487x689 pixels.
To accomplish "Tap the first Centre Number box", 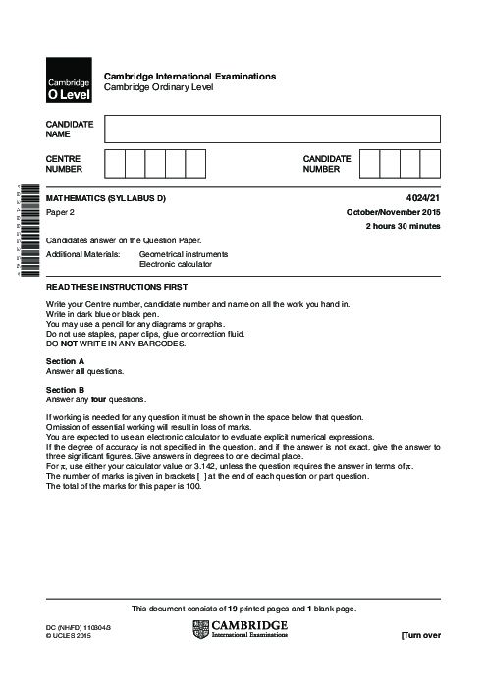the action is click(114, 163).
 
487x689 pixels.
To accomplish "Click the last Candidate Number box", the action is click(430, 163).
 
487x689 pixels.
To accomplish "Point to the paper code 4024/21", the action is click(423, 199).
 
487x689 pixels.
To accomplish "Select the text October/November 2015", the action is click(393, 213).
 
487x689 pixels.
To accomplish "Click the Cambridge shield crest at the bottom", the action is click(201, 629).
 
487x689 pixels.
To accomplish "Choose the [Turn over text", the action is click(420, 635).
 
